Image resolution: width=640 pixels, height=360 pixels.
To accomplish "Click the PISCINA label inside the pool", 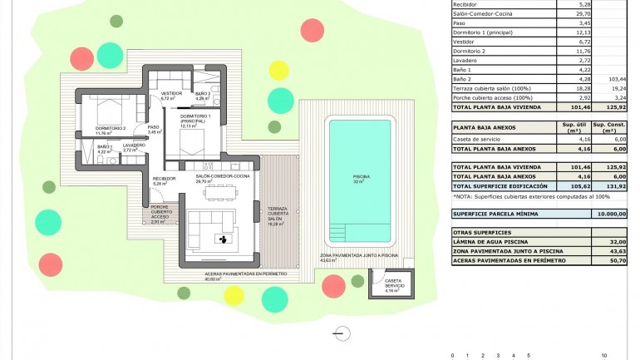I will pyautogui.click(x=361, y=177).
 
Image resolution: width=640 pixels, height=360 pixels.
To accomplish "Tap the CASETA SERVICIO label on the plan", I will pyautogui.click(x=394, y=284).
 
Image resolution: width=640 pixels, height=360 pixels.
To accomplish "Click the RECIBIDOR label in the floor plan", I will pyautogui.click(x=164, y=181).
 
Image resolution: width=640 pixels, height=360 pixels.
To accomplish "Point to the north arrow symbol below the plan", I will pyautogui.click(x=341, y=333).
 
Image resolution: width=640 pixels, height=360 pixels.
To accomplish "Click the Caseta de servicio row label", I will pyautogui.click(x=481, y=139).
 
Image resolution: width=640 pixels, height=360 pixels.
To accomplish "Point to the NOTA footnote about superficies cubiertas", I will pyautogui.click(x=532, y=197).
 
